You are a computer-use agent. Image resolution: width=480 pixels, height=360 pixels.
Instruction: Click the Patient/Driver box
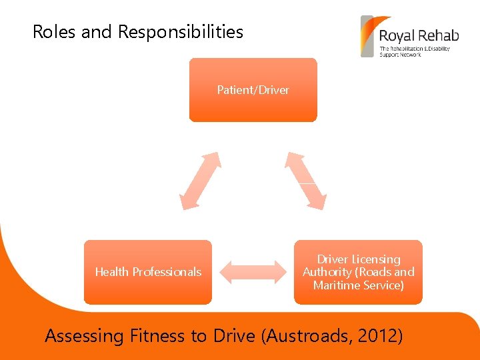point(253,90)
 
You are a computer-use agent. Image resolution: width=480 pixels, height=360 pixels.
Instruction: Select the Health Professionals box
point(147,272)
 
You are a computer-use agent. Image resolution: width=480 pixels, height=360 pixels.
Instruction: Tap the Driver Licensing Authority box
point(358,272)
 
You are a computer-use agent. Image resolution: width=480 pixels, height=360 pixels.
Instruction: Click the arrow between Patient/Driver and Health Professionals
point(200,181)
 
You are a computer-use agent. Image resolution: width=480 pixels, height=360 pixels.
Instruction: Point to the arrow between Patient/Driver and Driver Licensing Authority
point(306,181)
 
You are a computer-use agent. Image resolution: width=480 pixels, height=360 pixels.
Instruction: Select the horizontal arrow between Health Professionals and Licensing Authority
point(253,272)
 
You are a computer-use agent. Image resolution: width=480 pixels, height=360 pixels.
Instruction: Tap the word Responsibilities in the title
point(181,31)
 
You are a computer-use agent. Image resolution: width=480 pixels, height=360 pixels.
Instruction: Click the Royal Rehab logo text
point(419,35)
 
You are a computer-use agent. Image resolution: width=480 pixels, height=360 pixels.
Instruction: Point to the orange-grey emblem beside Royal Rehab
point(367,36)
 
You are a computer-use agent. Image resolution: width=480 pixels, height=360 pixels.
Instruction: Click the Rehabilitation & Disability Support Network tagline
point(414,51)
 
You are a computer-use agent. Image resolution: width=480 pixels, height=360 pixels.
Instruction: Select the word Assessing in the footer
point(84,336)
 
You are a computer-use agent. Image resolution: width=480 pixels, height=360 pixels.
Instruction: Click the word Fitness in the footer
point(158,336)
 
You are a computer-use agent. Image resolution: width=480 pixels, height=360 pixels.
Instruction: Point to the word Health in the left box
point(111,272)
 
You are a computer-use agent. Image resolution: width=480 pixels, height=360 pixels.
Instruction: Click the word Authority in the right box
point(327,272)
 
